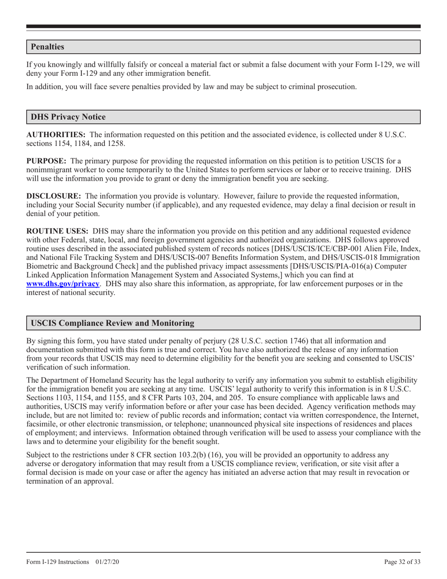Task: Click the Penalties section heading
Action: (x=48, y=47)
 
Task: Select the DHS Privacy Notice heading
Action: (x=68, y=117)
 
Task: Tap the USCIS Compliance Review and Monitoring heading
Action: (x=112, y=323)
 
